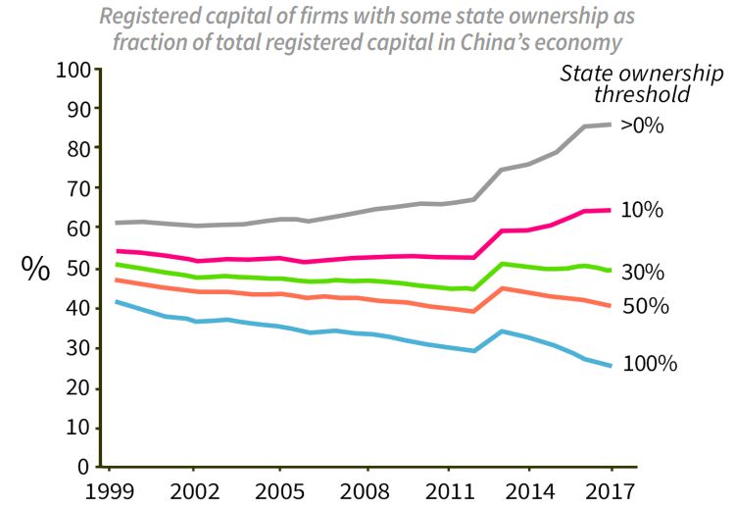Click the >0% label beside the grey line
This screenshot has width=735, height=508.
point(643,126)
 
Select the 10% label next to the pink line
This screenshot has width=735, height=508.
point(642,210)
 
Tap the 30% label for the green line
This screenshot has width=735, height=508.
point(643,272)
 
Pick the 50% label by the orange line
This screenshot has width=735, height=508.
point(646,306)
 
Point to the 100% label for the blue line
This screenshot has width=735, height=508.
point(650,364)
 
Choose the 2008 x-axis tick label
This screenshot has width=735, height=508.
point(367,489)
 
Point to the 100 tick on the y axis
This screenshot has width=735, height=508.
point(73,71)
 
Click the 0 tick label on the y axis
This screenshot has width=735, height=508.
point(85,468)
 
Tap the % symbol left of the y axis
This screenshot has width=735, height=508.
point(35,270)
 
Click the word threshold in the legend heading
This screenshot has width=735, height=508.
point(642,95)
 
